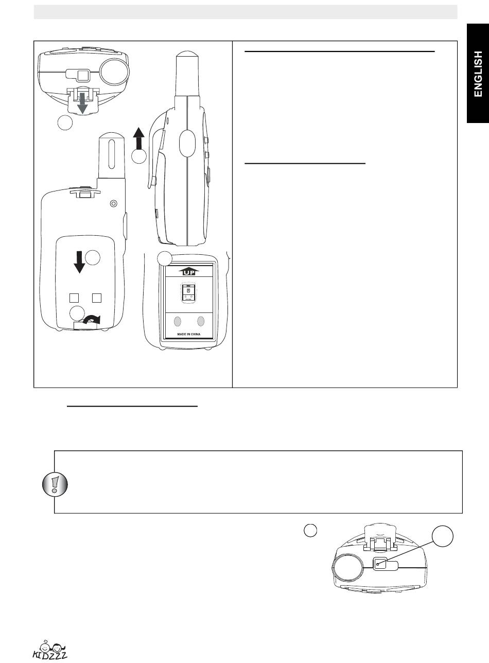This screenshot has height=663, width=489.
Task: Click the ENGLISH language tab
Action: tap(478, 74)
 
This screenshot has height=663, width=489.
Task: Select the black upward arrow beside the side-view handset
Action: tap(137, 138)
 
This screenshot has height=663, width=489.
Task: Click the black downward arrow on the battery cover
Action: tap(79, 261)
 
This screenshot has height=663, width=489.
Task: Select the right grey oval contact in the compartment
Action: tap(201, 321)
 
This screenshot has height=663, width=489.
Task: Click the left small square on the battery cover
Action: tap(74, 298)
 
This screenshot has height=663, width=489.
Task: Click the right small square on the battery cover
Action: tap(97, 298)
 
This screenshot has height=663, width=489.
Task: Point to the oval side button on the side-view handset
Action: tap(187, 142)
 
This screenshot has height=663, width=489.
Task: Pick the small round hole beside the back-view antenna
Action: tap(114, 203)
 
